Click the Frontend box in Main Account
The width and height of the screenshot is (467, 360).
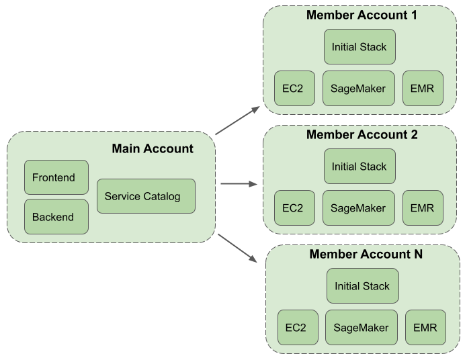(x=56, y=177)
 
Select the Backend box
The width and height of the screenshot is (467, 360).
(x=56, y=216)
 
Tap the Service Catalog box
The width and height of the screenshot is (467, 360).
(x=146, y=196)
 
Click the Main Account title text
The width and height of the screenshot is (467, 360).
(x=153, y=148)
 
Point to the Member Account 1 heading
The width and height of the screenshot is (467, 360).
(x=362, y=15)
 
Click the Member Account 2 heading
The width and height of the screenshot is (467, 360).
(x=362, y=134)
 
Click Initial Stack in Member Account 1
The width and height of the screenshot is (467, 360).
(x=359, y=47)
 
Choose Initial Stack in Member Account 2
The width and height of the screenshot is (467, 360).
(x=359, y=167)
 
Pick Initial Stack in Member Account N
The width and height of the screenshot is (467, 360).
(x=362, y=286)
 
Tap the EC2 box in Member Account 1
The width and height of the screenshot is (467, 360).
(x=294, y=88)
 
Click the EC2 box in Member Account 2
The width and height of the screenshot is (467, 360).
(x=294, y=208)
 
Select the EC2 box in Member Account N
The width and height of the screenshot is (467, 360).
(x=297, y=328)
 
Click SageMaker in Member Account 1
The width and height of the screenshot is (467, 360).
(x=358, y=88)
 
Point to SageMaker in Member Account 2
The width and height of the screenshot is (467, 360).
(x=358, y=208)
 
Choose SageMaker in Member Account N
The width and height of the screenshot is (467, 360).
(x=361, y=328)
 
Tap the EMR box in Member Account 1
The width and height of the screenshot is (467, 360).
(x=423, y=88)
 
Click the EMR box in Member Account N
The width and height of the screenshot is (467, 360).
(x=425, y=328)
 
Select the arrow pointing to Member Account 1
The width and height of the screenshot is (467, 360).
(x=238, y=120)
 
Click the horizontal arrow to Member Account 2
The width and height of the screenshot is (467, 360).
(x=239, y=183)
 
